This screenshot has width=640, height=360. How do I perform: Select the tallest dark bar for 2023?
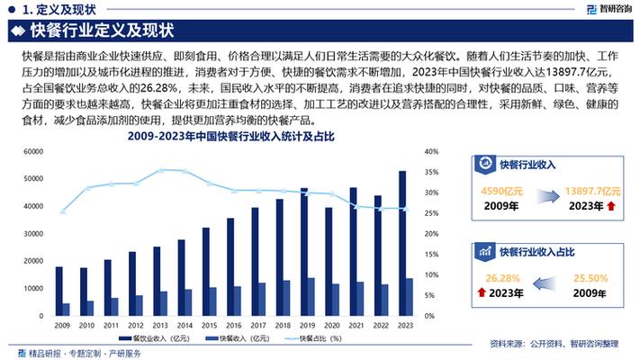pos(401,244)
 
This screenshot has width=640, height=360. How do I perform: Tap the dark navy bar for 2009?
pos(59,292)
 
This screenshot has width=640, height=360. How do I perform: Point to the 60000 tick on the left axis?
pos(32,152)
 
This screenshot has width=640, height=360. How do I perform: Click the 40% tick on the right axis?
pos(431,152)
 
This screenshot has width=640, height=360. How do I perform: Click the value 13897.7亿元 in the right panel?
pos(592,191)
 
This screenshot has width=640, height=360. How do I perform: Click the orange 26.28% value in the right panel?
pos(502,277)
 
